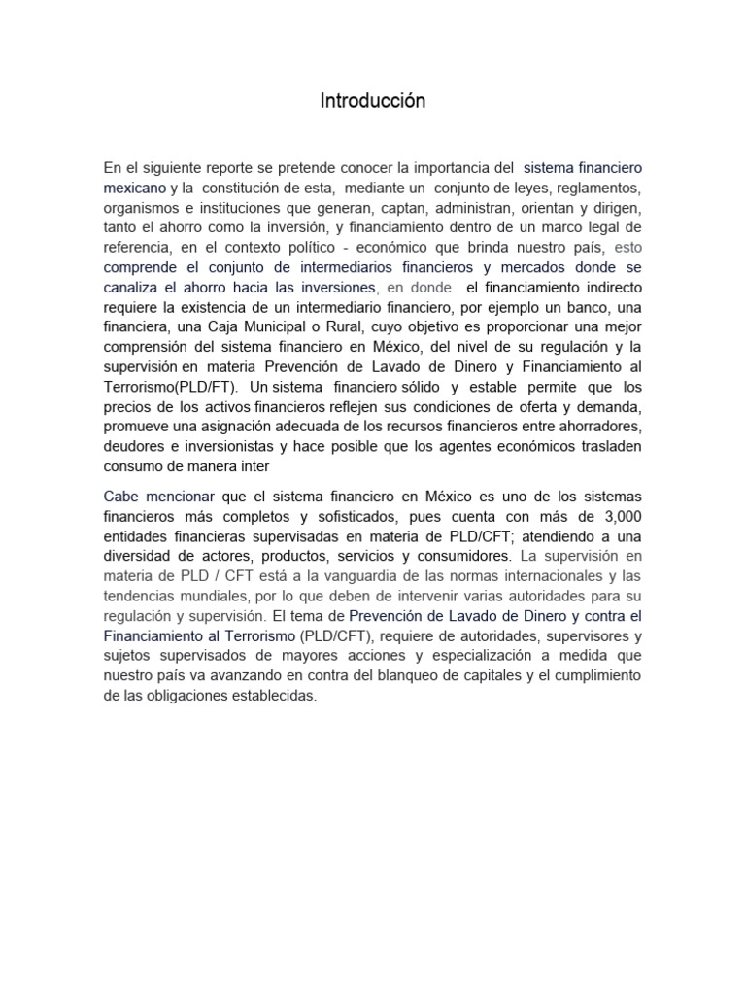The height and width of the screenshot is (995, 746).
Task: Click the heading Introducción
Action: pos(373,101)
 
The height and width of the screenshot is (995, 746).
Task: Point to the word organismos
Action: pos(139,208)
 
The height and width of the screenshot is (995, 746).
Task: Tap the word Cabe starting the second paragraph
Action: pos(120,496)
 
